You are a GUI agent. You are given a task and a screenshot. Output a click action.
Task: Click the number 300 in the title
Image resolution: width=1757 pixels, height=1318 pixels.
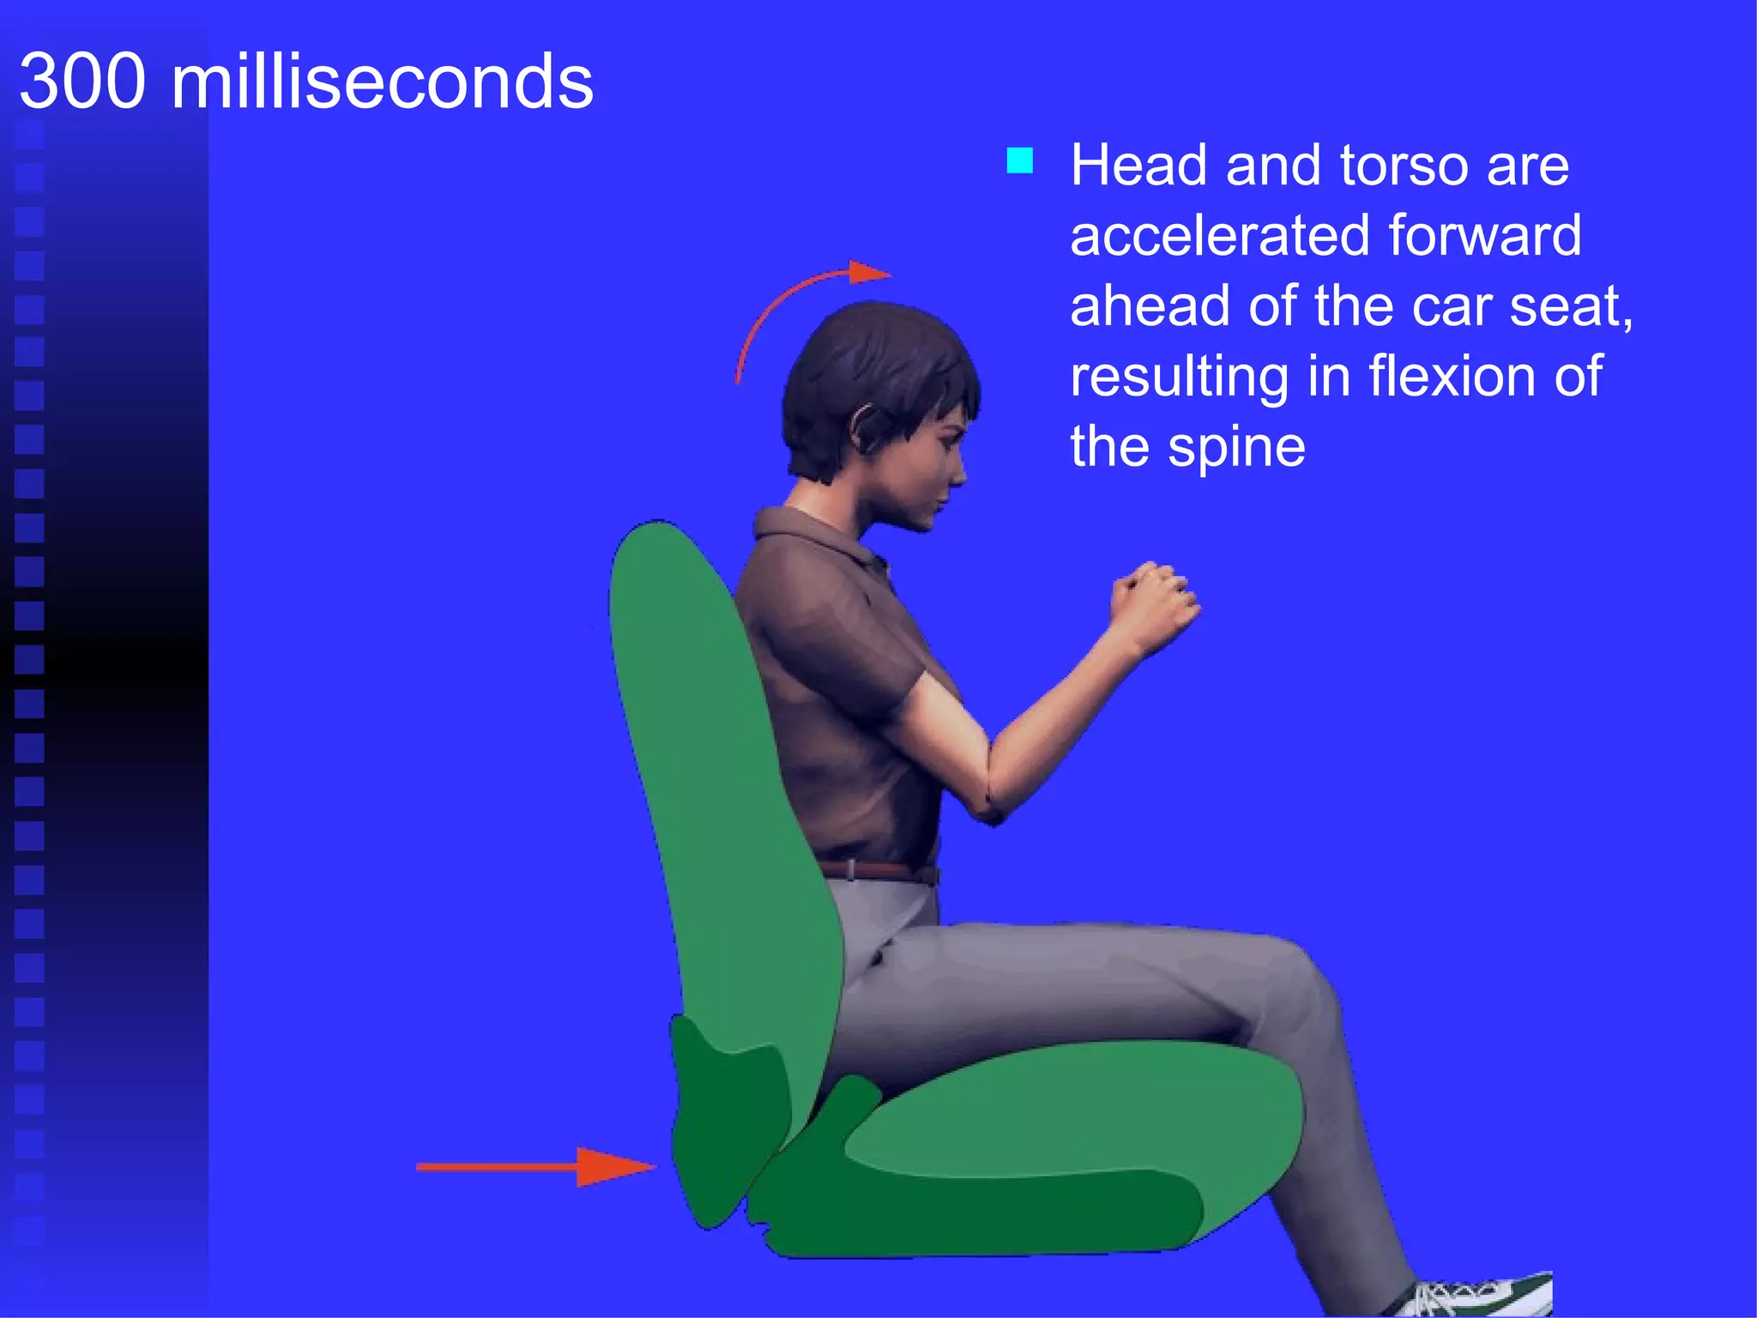tap(82, 82)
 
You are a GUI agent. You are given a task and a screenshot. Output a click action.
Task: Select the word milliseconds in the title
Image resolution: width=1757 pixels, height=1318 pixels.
tap(382, 82)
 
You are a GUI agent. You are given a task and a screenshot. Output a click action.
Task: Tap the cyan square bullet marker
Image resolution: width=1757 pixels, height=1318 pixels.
tap(1019, 160)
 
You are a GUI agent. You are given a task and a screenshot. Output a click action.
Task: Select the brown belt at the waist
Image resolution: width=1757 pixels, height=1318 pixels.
tap(875, 872)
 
